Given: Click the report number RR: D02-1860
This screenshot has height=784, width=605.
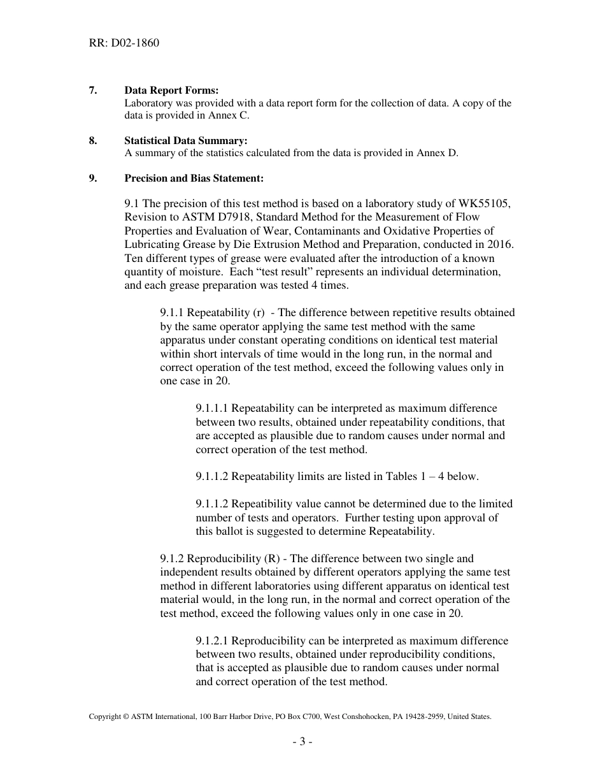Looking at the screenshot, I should (x=124, y=43).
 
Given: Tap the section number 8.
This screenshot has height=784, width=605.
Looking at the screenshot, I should (x=93, y=140).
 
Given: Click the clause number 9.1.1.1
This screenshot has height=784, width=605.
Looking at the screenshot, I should (x=217, y=408).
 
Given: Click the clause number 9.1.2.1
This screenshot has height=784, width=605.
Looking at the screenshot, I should (x=217, y=641).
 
